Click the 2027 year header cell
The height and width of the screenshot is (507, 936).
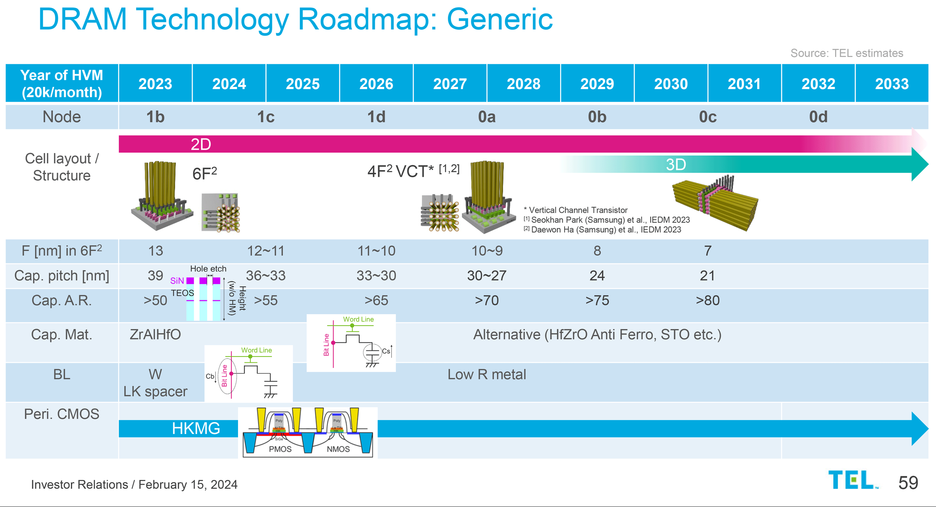click(x=450, y=84)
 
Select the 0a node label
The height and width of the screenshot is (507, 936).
click(x=487, y=117)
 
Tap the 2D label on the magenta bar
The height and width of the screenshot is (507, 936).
click(x=201, y=144)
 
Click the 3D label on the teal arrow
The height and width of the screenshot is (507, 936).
click(x=676, y=164)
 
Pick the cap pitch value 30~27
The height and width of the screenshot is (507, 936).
click(x=487, y=275)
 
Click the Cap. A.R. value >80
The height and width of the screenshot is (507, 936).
click(x=707, y=300)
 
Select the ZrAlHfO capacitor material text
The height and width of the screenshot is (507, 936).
click(x=155, y=334)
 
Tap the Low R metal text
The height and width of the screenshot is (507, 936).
click(x=487, y=374)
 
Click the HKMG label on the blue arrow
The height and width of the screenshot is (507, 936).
click(x=196, y=428)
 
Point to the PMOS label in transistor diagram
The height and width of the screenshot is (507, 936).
click(x=280, y=449)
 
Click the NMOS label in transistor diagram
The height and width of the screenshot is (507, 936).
click(x=338, y=449)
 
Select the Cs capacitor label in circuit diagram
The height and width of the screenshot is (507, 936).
click(x=386, y=351)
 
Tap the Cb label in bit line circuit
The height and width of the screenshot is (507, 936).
click(x=210, y=376)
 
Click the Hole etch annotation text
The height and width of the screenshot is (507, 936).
click(x=208, y=269)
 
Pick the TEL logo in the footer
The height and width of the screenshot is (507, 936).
click(x=852, y=480)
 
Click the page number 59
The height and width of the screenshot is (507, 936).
click(x=908, y=483)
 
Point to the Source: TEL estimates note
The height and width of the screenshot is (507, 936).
click(x=846, y=53)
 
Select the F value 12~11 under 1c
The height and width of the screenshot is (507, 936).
click(x=265, y=251)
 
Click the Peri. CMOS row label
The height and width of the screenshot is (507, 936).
click(x=61, y=414)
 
